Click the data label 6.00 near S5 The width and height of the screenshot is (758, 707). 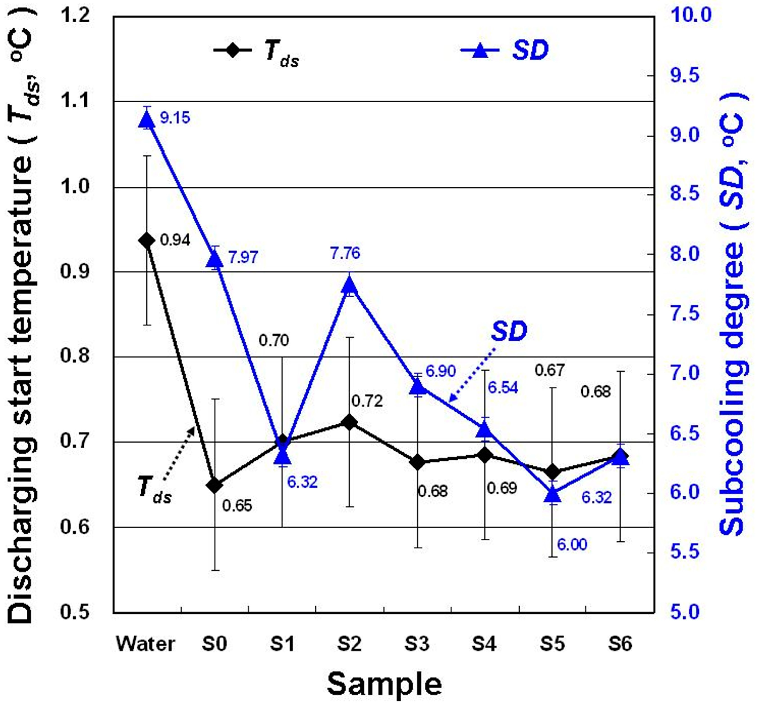tap(572, 545)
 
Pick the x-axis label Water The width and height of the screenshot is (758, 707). tap(146, 644)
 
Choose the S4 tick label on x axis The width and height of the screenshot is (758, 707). tap(484, 644)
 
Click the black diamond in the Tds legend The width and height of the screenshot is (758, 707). tap(232, 50)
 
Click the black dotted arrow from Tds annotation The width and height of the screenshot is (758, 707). tap(179, 453)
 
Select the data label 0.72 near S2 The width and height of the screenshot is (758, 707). tap(367, 401)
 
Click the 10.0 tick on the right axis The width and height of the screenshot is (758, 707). tap(691, 15)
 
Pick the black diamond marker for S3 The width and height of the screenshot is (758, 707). tap(418, 462)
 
